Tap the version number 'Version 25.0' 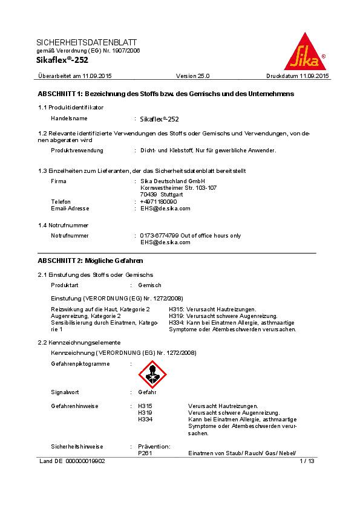pyautogui.click(x=192, y=76)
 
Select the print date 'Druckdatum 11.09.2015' pyautogui.click(x=298, y=76)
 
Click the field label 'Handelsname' pyautogui.click(x=69, y=118)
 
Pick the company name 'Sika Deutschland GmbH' pyautogui.click(x=172, y=181)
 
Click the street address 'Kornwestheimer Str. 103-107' pyautogui.click(x=178, y=188)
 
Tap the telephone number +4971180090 pyautogui.click(x=159, y=201)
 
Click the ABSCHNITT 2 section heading pyautogui.click(x=90, y=261)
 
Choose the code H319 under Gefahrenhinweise pyautogui.click(x=145, y=412)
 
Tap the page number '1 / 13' pyautogui.click(x=307, y=461)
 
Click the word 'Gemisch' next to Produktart pyautogui.click(x=149, y=285)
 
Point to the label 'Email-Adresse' pyautogui.click(x=70, y=208)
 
